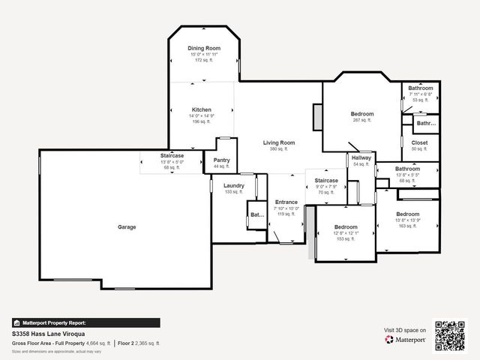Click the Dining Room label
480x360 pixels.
(x=204, y=48)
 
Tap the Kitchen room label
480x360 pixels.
(x=201, y=109)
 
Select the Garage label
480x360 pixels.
(x=127, y=226)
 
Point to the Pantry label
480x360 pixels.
(x=221, y=160)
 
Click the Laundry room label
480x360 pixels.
(x=233, y=185)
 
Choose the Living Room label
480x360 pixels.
(x=278, y=142)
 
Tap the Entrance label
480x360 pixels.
(x=286, y=202)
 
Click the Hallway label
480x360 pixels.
(x=362, y=158)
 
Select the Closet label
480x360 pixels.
(x=419, y=142)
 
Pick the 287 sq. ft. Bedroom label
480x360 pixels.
(x=361, y=114)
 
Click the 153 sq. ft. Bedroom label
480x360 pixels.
(x=346, y=226)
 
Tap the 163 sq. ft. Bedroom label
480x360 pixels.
(x=408, y=214)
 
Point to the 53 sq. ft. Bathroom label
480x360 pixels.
(x=420, y=88)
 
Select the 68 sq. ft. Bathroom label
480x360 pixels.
(x=407, y=169)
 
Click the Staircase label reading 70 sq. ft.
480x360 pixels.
(x=326, y=181)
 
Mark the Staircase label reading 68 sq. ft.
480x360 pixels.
(x=172, y=155)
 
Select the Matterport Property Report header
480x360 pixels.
(x=54, y=322)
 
